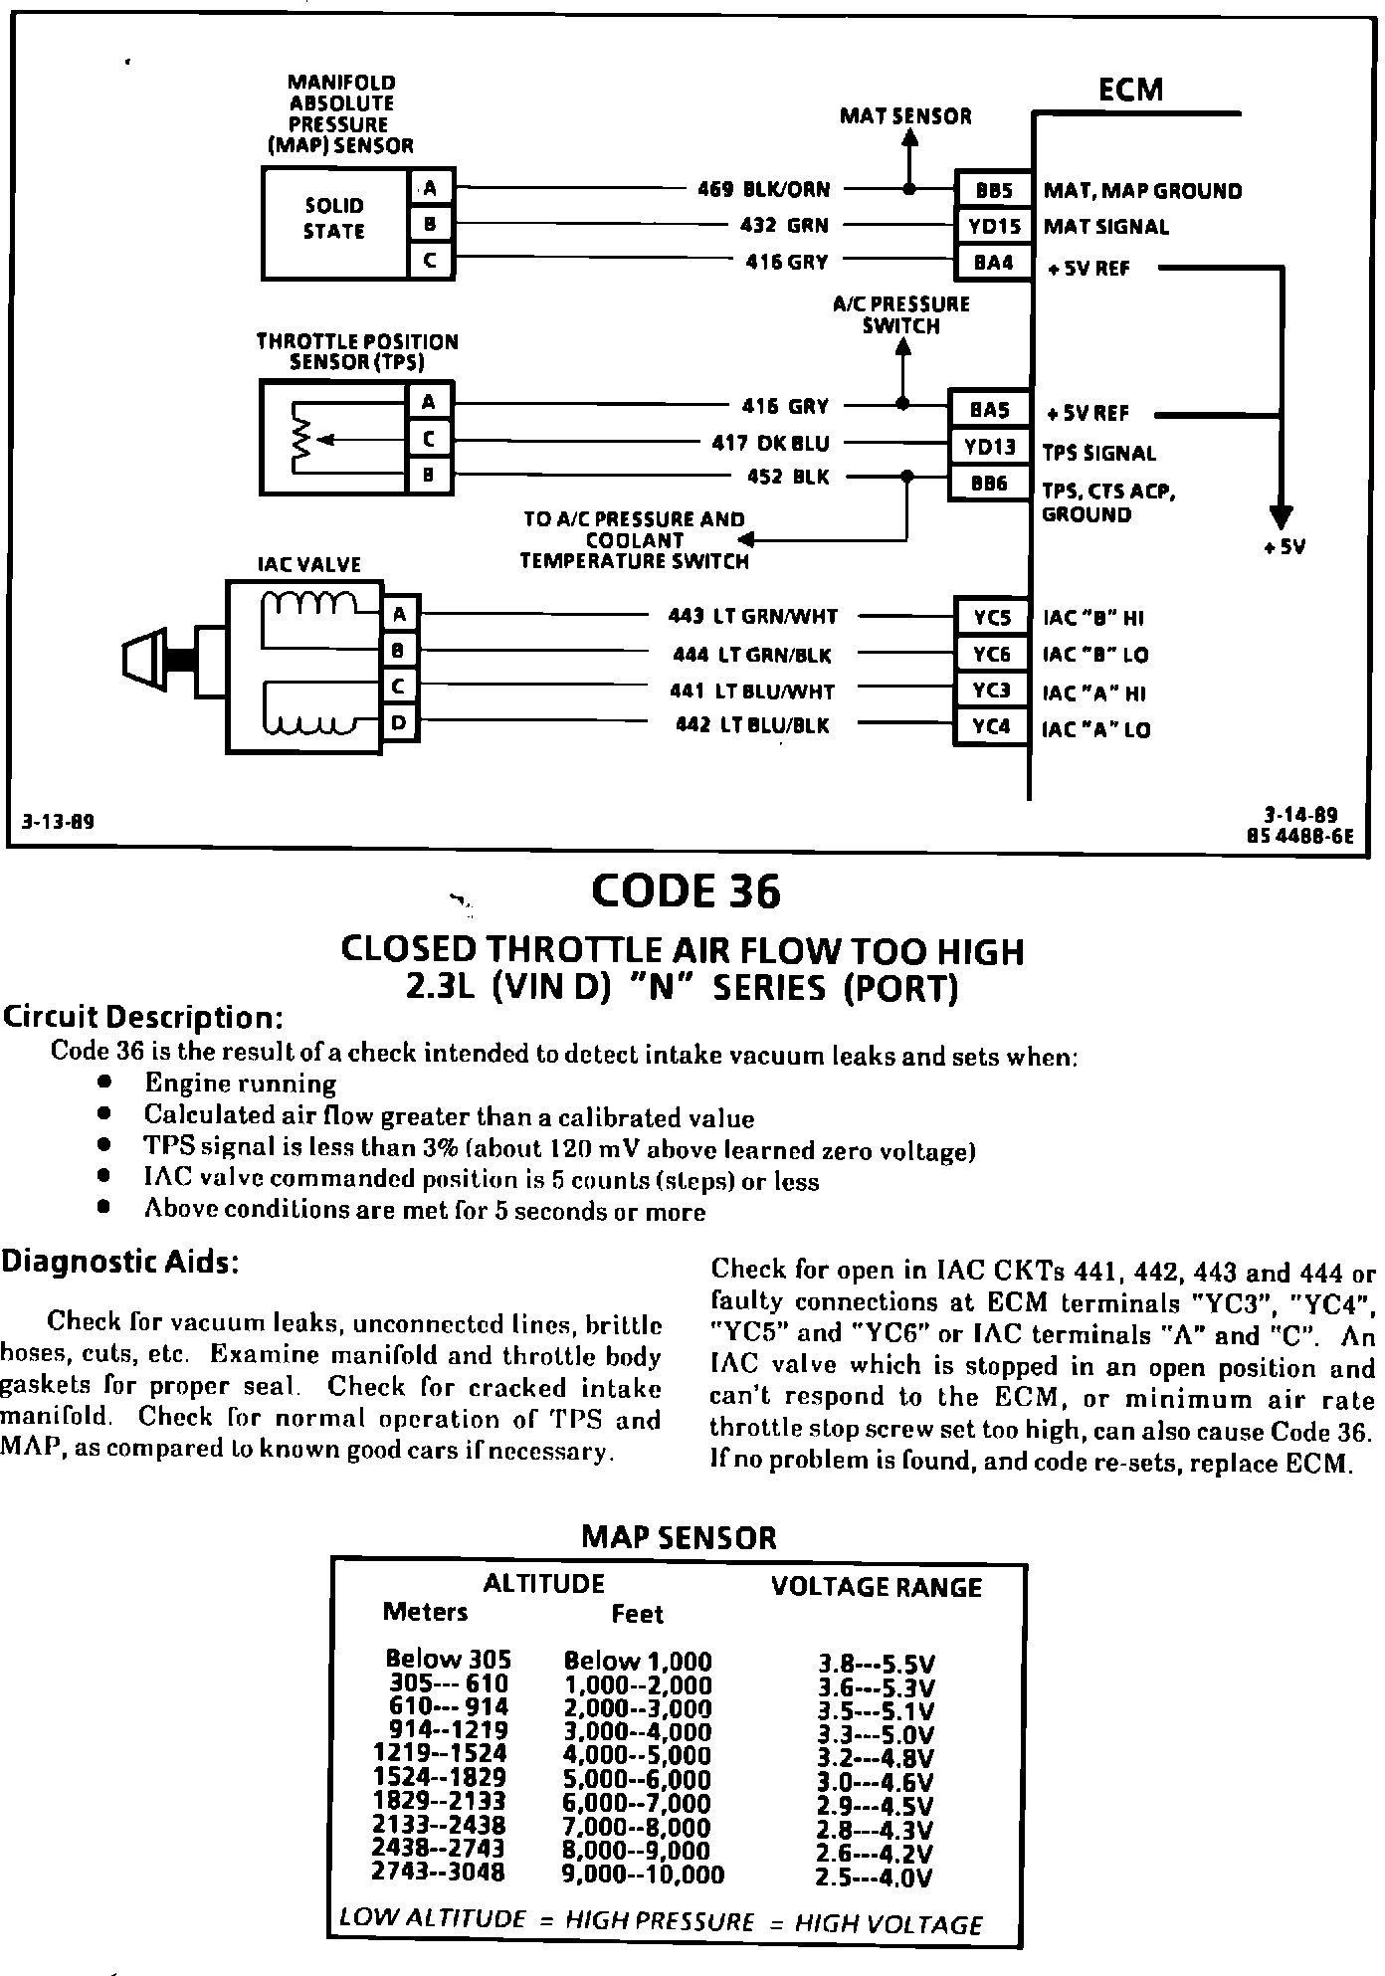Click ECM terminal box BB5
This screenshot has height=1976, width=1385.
tap(991, 190)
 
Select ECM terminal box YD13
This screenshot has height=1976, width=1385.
tap(989, 447)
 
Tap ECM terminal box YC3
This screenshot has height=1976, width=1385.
tap(991, 690)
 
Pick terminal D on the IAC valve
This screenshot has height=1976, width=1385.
tap(399, 722)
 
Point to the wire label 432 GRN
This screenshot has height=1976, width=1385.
tap(784, 226)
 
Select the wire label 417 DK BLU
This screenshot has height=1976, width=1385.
tap(770, 443)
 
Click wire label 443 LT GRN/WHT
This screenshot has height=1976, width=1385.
tap(752, 617)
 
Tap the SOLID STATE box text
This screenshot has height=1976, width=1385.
tap(334, 219)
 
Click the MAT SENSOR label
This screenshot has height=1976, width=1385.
tap(905, 116)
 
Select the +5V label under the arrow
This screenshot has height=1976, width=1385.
tap(1284, 546)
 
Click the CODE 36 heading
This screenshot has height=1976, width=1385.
tap(686, 891)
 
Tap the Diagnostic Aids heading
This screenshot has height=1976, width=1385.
tap(119, 1262)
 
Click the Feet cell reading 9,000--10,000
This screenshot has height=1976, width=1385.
tap(644, 1875)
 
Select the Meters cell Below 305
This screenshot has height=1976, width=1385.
tap(448, 1659)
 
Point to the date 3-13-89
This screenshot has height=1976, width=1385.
tap(59, 822)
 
